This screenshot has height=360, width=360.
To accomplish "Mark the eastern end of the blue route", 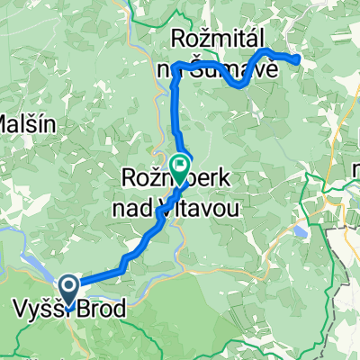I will (298, 59).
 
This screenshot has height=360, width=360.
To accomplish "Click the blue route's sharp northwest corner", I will (175, 66).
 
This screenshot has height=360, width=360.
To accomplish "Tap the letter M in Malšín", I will (9, 121).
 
